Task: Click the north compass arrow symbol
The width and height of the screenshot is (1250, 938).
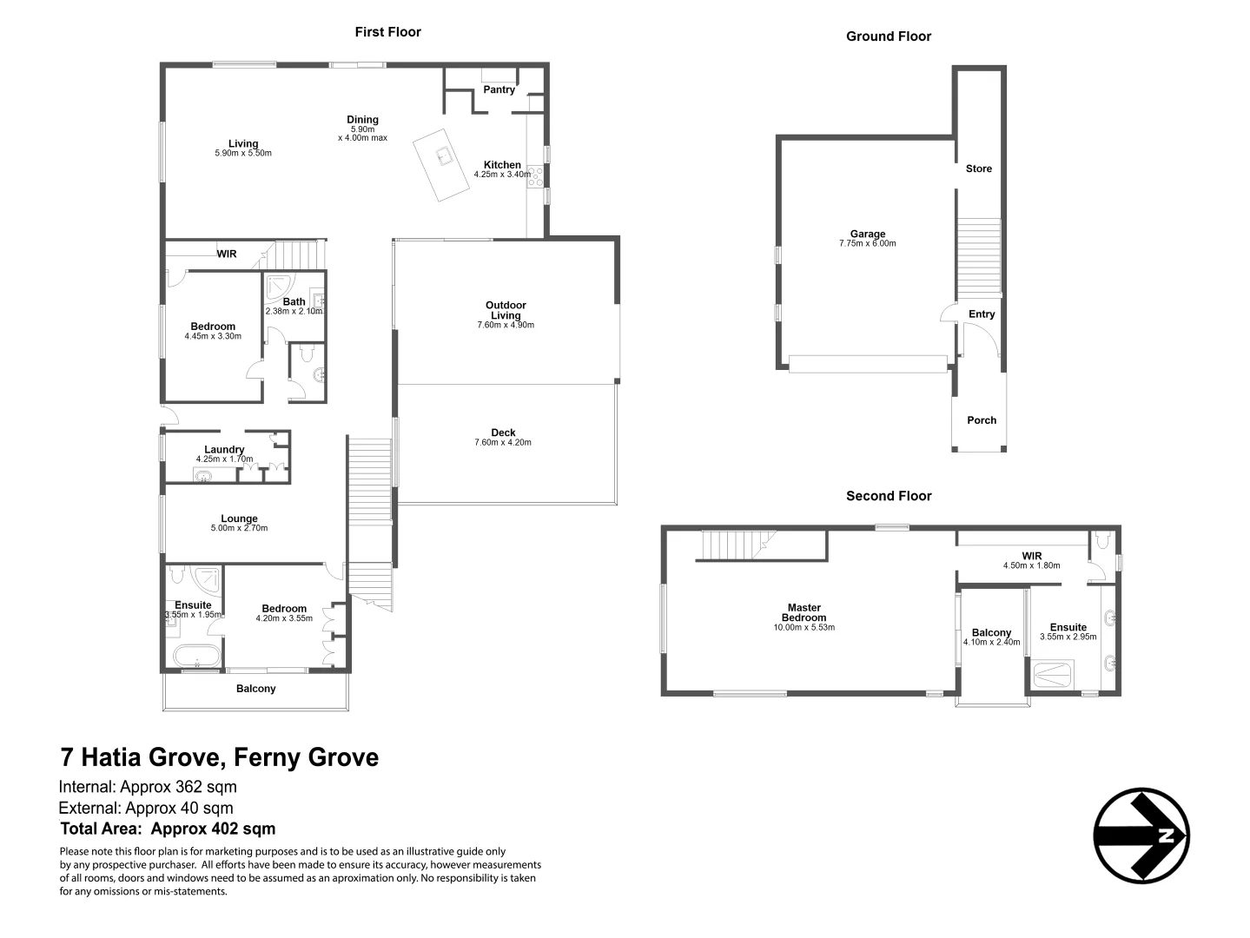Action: tap(1141, 836)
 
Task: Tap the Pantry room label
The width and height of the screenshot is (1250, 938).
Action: tap(499, 89)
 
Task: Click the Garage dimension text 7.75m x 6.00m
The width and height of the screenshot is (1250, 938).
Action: tap(867, 244)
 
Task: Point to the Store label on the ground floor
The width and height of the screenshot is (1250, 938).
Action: tap(978, 168)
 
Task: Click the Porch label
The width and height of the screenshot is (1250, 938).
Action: tap(982, 420)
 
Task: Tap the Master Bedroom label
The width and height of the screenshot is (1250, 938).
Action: tap(804, 613)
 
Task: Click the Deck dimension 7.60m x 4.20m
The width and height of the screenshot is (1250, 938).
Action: tap(503, 443)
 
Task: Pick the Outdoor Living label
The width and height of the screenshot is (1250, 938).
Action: tap(506, 310)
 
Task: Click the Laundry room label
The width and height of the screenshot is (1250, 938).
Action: tap(224, 449)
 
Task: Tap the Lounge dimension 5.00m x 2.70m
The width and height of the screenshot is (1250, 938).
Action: tap(239, 528)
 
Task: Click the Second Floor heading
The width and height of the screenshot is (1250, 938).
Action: tap(889, 496)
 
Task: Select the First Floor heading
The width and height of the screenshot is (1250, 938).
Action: tap(387, 32)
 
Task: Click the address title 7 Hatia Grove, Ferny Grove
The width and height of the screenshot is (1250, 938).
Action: tap(220, 757)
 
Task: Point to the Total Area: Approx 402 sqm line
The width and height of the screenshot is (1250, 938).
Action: tap(168, 829)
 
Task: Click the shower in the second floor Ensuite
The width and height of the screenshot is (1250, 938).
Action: tap(1053, 675)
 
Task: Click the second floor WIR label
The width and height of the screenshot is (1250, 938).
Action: tap(1031, 556)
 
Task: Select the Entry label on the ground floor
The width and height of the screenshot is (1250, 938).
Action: tap(982, 314)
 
